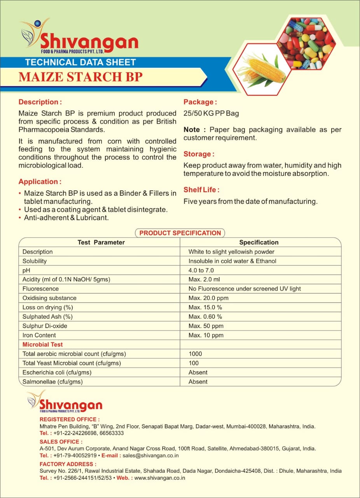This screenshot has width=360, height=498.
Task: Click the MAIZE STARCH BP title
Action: (x=80, y=77)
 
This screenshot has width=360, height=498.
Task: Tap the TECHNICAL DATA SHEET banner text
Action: (x=80, y=62)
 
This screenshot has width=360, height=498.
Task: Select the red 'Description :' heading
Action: (x=40, y=102)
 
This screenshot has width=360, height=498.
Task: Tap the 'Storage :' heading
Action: (x=199, y=154)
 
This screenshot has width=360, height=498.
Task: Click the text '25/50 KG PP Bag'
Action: (x=211, y=114)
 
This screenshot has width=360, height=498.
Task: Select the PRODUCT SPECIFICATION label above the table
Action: (x=180, y=233)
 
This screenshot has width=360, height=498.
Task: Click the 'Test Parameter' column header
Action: (x=101, y=242)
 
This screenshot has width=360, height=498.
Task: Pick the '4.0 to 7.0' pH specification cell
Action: (x=201, y=270)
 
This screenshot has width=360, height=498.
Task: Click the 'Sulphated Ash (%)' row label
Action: (x=47, y=317)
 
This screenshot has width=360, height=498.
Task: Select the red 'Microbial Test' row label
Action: (x=42, y=344)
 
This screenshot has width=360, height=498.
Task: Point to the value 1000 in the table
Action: (x=195, y=354)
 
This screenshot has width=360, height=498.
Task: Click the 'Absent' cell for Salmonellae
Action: (x=198, y=382)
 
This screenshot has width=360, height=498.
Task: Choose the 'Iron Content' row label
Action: (x=39, y=335)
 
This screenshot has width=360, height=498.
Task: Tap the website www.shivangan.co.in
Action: (x=159, y=478)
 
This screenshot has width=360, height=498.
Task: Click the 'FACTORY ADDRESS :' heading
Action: (x=68, y=464)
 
